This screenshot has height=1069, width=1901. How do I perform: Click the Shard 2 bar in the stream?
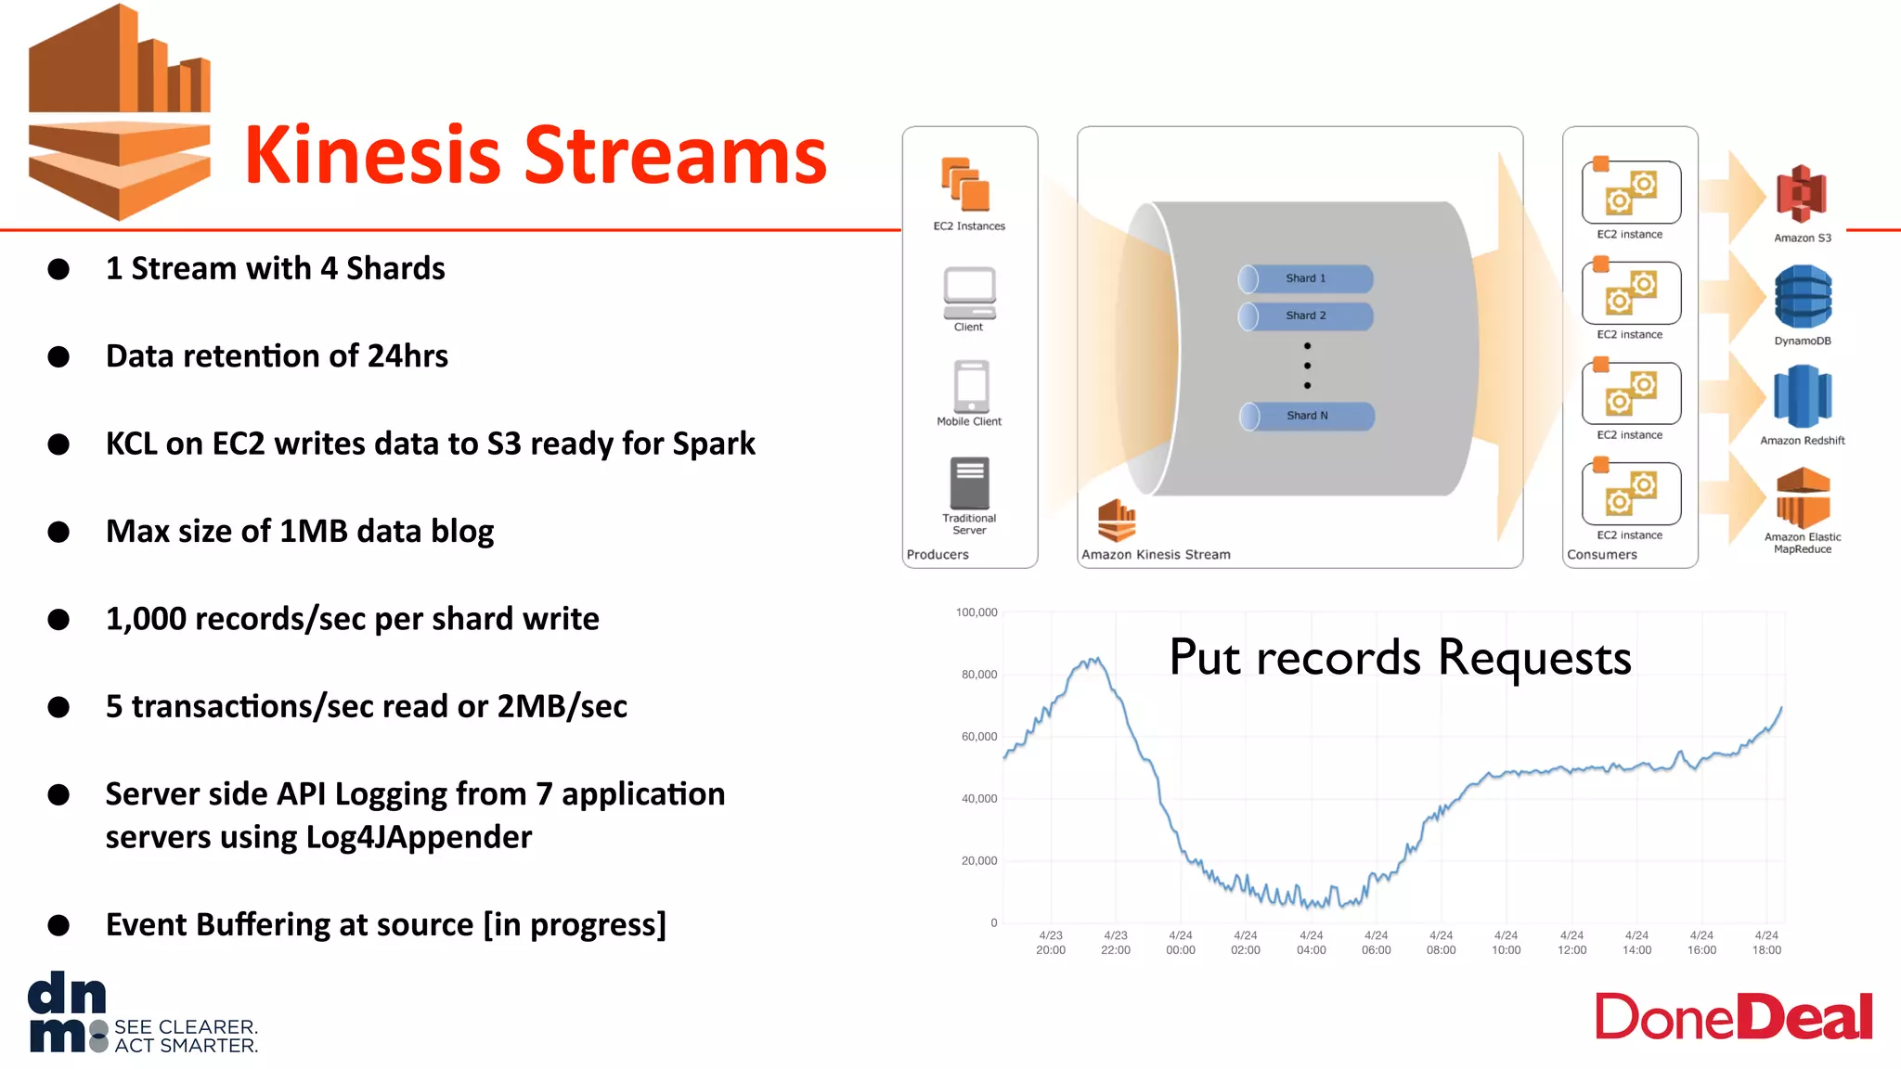click(x=1305, y=316)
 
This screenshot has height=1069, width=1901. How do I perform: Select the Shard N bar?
click(x=1306, y=416)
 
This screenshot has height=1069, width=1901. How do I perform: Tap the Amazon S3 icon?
click(x=1801, y=194)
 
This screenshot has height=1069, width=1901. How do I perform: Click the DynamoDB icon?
click(x=1803, y=296)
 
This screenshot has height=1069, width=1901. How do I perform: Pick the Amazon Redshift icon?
click(x=1802, y=396)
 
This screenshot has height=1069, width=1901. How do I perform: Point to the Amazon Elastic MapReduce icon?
click(x=1803, y=498)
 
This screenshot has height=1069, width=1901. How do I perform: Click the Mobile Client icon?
click(x=971, y=386)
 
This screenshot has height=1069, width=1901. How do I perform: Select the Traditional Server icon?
click(x=969, y=483)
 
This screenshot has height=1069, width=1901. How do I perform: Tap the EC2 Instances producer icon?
click(x=966, y=184)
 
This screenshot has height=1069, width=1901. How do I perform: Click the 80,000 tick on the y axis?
click(x=978, y=675)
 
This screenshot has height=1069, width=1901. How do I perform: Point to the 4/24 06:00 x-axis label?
click(x=1376, y=943)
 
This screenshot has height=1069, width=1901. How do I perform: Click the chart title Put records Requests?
click(x=1399, y=657)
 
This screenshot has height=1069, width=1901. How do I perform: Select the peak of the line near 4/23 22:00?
click(x=1093, y=660)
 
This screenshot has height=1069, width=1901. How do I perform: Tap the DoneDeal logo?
click(x=1733, y=1017)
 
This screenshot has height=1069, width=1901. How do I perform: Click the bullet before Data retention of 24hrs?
click(x=58, y=356)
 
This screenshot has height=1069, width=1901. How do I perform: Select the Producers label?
click(x=938, y=554)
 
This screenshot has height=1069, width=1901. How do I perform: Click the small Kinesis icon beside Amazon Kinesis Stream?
click(x=1116, y=520)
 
